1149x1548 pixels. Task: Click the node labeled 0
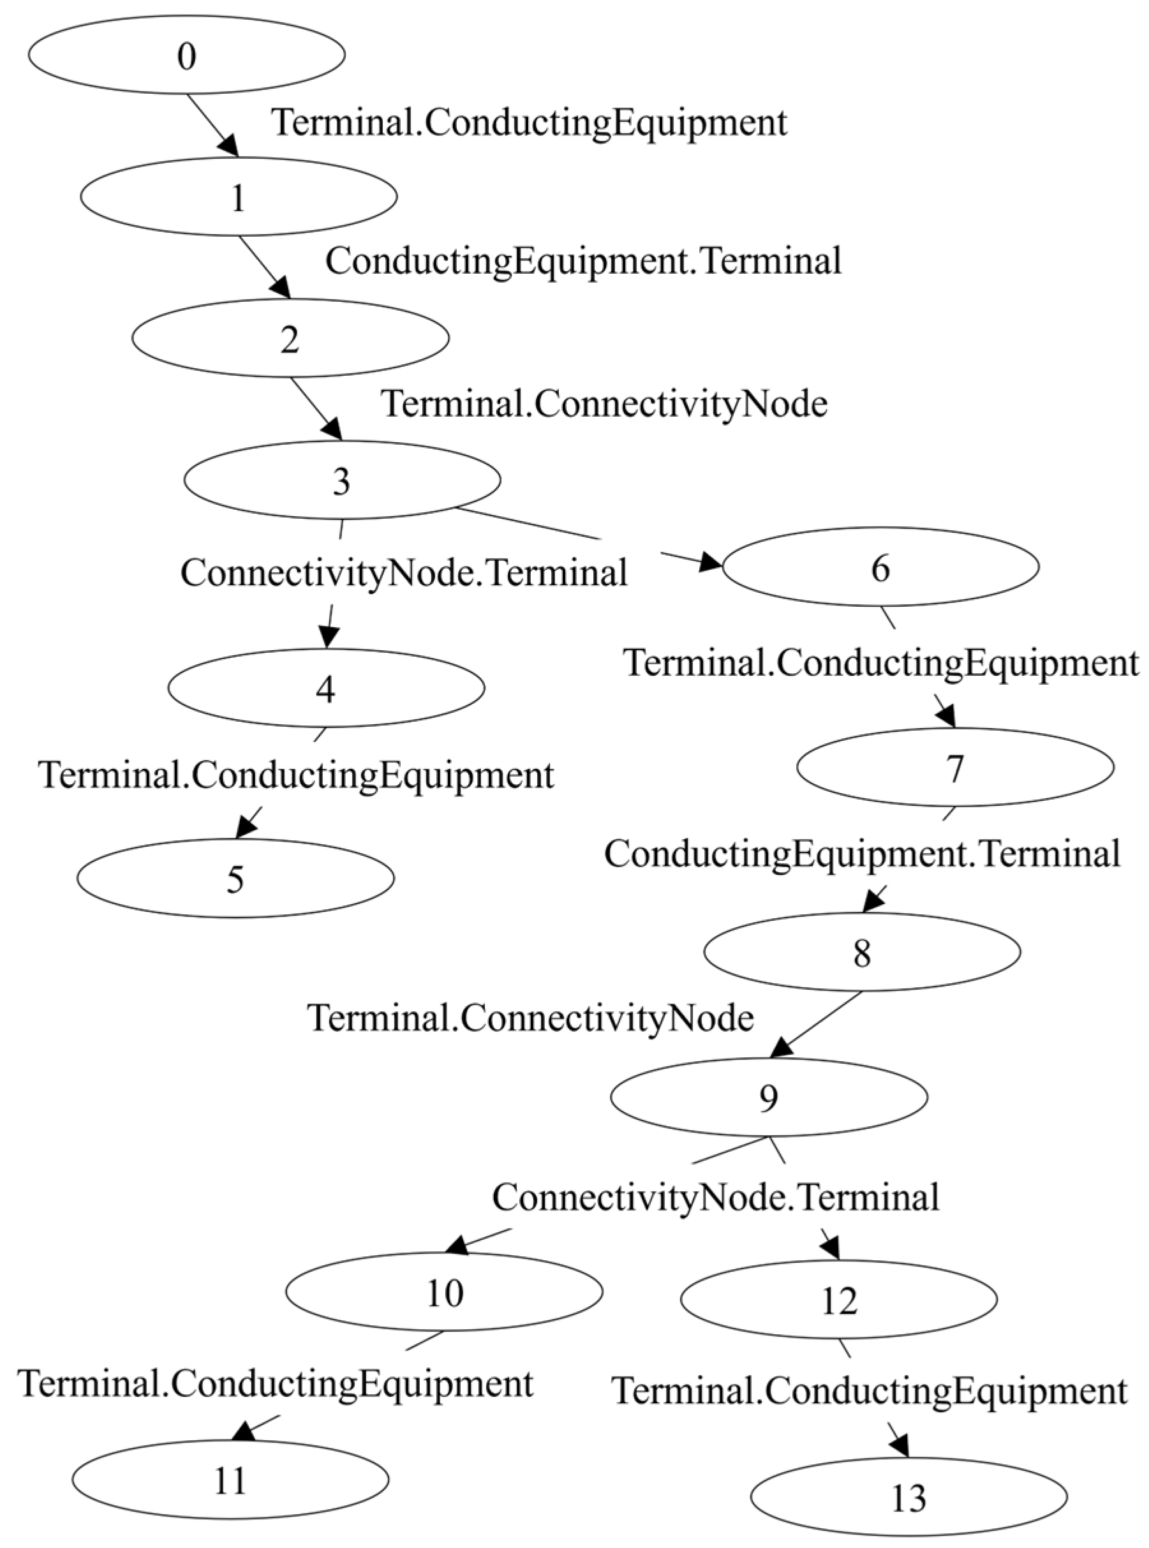[186, 56]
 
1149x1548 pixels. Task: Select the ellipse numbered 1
[239, 197]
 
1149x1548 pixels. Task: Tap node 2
[290, 339]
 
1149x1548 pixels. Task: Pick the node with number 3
[341, 480]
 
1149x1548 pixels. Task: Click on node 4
[325, 688]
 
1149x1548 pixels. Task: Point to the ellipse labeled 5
[235, 879]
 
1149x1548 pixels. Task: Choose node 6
[880, 567]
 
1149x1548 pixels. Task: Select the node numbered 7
[955, 768]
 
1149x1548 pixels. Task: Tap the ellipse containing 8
[862, 953]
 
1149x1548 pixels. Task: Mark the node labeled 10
[444, 1292]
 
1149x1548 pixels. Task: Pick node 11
[230, 1480]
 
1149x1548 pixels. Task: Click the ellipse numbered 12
[838, 1300]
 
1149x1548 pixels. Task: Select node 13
[908, 1496]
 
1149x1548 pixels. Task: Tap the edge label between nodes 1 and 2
[584, 262]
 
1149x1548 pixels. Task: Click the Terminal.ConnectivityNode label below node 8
[531, 1018]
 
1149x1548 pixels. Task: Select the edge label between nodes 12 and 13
[870, 1392]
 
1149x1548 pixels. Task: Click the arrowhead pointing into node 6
[711, 562]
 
